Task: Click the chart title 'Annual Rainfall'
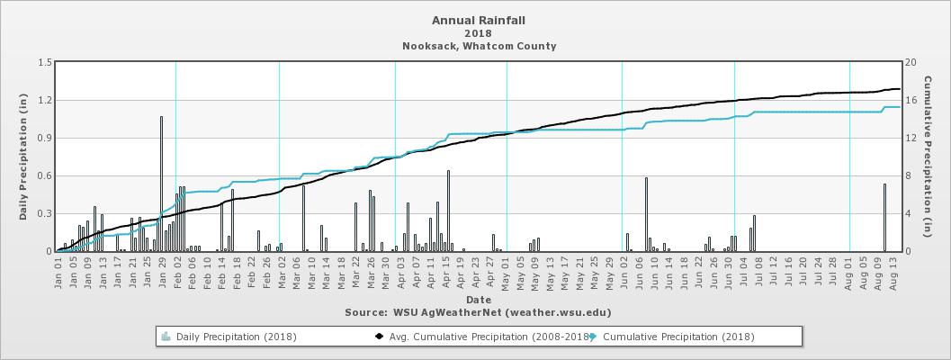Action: [x=478, y=19]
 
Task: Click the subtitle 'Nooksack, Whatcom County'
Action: [x=478, y=46]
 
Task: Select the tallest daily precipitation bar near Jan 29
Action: [x=161, y=184]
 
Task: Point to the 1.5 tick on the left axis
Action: [x=43, y=63]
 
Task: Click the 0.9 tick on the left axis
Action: [x=43, y=139]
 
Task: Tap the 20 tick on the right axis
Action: [x=911, y=63]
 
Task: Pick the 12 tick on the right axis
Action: [x=911, y=139]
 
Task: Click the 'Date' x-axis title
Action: [x=478, y=299]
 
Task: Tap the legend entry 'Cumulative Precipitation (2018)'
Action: [x=677, y=337]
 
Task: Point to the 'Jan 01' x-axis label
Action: [x=59, y=273]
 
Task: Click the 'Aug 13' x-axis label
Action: [x=893, y=273]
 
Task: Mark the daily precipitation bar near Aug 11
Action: [x=884, y=218]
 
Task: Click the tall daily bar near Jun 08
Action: [x=646, y=214]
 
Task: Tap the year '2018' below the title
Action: [x=478, y=32]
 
